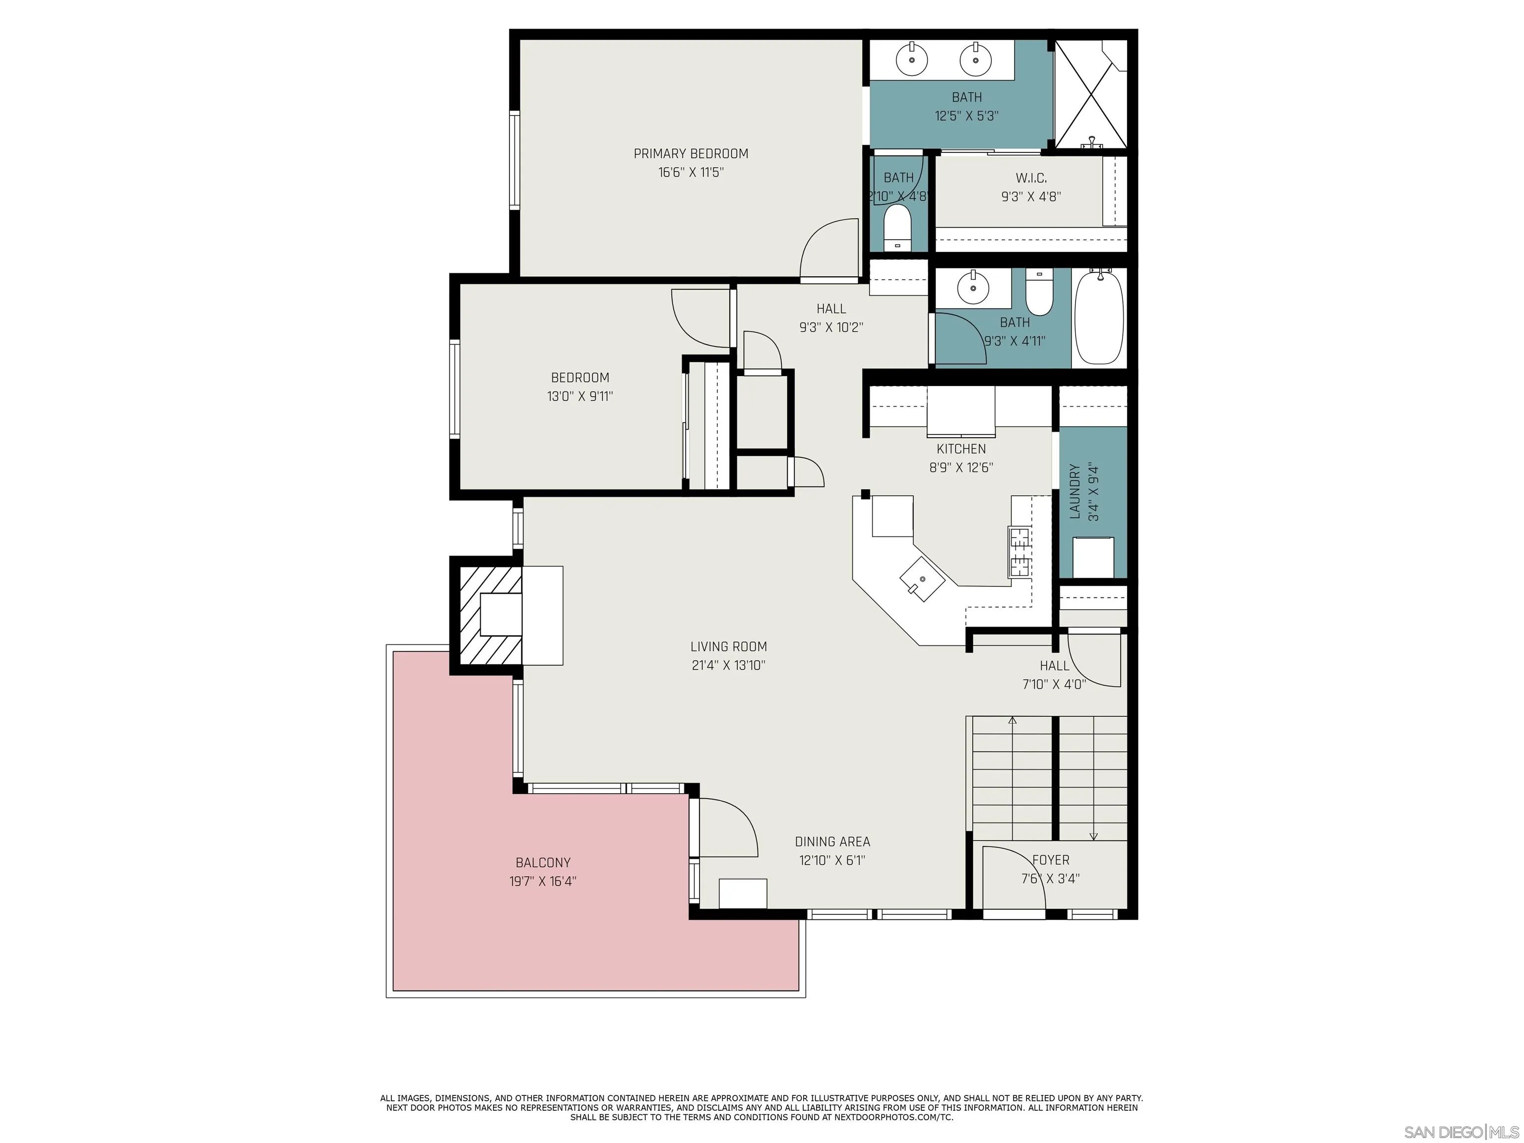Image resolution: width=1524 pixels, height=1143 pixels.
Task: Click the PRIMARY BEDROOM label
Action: click(691, 154)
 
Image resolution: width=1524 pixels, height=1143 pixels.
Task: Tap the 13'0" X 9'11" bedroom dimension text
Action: click(579, 396)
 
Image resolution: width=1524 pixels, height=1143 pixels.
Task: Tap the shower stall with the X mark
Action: click(1090, 94)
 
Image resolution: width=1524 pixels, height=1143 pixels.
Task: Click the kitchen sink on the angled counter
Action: click(922, 579)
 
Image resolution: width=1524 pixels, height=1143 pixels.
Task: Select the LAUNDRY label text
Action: click(1075, 491)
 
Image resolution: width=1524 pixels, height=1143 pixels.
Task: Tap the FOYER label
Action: click(1051, 860)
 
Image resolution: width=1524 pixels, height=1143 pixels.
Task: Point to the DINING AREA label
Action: click(832, 841)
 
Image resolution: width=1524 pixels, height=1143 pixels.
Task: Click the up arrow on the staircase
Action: click(1012, 721)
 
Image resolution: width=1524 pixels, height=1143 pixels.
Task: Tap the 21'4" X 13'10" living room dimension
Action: click(728, 665)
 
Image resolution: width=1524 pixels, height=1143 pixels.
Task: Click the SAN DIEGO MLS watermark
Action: click(1460, 1132)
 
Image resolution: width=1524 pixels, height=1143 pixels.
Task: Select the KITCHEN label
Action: click(961, 448)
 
